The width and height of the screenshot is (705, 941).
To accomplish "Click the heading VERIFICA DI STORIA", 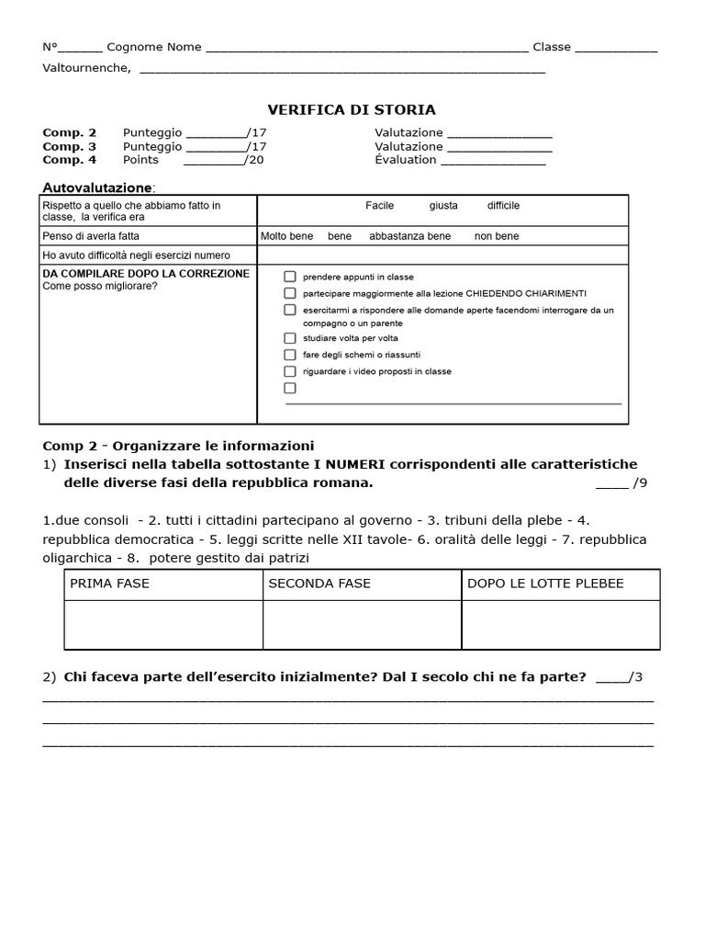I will click(352, 110).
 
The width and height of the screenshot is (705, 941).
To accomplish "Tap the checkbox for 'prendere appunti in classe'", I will click(290, 276).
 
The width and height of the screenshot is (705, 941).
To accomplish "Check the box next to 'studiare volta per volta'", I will click(290, 338).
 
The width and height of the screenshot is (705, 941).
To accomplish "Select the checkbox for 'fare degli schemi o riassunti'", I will click(290, 355).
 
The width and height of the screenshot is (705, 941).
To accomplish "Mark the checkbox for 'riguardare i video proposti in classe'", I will click(290, 371).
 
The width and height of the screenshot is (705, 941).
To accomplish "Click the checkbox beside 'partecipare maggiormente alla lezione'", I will click(290, 292).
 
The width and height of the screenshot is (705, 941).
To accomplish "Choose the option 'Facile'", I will click(379, 206).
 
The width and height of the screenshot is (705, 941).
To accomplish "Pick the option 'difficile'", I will click(503, 206).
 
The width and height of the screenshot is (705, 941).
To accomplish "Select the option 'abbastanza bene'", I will click(409, 236).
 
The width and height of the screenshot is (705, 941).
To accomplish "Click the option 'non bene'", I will click(497, 236).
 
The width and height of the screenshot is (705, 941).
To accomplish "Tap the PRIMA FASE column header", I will click(109, 584).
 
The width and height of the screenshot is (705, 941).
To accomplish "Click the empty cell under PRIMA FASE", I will click(163, 625).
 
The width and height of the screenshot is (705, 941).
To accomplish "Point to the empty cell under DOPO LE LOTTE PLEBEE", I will click(560, 625).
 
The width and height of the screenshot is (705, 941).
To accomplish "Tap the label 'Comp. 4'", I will click(69, 160).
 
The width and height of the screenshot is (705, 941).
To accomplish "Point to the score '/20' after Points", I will click(254, 160).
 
